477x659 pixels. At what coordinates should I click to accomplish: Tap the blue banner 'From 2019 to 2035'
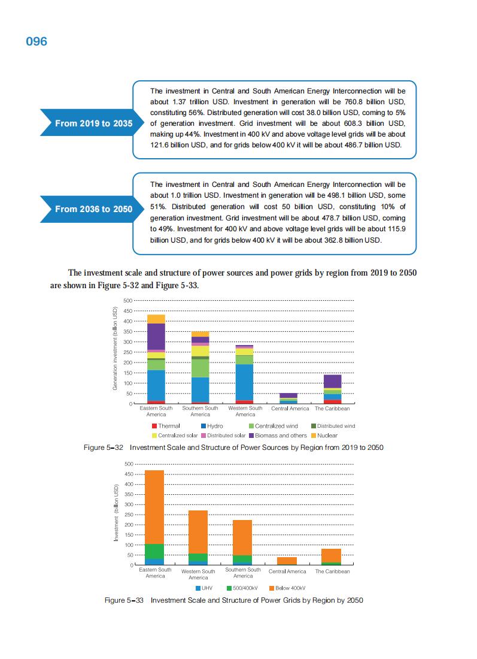(x=93, y=123)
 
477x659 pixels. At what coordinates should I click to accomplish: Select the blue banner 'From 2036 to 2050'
(x=93, y=209)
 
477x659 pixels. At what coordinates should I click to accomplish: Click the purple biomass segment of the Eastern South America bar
(x=156, y=336)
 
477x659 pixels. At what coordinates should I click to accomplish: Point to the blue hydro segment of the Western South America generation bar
(x=244, y=382)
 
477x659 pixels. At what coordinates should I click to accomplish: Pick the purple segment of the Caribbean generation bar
(x=332, y=381)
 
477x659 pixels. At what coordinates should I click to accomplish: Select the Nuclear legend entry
(x=324, y=436)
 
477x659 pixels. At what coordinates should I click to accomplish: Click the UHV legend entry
(x=203, y=588)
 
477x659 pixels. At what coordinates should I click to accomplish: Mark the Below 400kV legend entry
(x=288, y=588)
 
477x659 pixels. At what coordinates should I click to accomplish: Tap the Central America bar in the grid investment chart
(x=287, y=561)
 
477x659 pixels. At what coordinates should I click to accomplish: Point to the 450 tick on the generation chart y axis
(x=126, y=311)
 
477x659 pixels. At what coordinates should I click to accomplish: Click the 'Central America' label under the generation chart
(x=290, y=409)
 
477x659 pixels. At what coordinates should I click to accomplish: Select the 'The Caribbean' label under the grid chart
(x=332, y=572)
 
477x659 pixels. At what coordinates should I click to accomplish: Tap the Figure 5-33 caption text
(x=233, y=600)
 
